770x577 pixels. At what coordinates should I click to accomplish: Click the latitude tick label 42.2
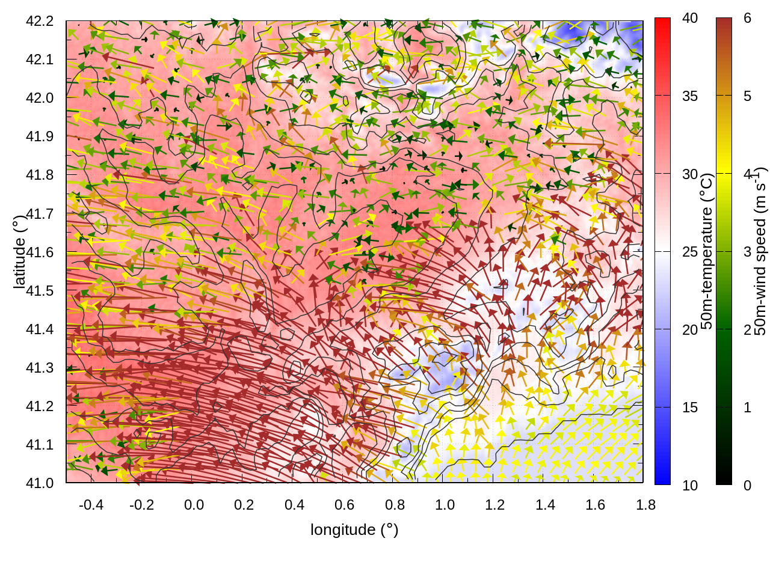(x=40, y=21)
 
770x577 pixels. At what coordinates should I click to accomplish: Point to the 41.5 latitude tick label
(x=40, y=291)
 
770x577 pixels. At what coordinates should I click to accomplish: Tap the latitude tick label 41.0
(x=40, y=483)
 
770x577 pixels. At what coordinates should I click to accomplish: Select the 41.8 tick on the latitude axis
(x=40, y=175)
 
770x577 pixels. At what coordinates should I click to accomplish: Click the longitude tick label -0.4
(x=91, y=505)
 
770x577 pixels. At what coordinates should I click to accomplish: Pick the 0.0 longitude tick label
(x=194, y=505)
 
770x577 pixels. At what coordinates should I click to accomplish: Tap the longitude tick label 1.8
(x=645, y=505)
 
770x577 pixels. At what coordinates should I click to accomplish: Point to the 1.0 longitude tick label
(x=445, y=505)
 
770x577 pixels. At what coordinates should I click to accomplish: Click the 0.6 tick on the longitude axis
(x=344, y=505)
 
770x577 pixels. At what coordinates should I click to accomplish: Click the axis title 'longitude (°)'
(x=354, y=530)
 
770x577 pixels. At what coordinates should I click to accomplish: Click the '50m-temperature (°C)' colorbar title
(x=707, y=251)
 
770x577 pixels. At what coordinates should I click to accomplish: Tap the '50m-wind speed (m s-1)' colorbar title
(x=760, y=251)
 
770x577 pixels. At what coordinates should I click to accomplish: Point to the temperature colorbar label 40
(x=690, y=19)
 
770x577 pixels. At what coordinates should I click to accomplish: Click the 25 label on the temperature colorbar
(x=690, y=252)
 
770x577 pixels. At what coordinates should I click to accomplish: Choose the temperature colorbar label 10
(x=690, y=486)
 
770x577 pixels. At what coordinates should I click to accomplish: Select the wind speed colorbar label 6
(x=748, y=19)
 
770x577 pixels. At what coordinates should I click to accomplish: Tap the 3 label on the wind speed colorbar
(x=748, y=252)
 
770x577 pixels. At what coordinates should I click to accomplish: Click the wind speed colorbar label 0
(x=748, y=486)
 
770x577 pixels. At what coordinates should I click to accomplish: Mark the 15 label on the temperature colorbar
(x=690, y=408)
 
